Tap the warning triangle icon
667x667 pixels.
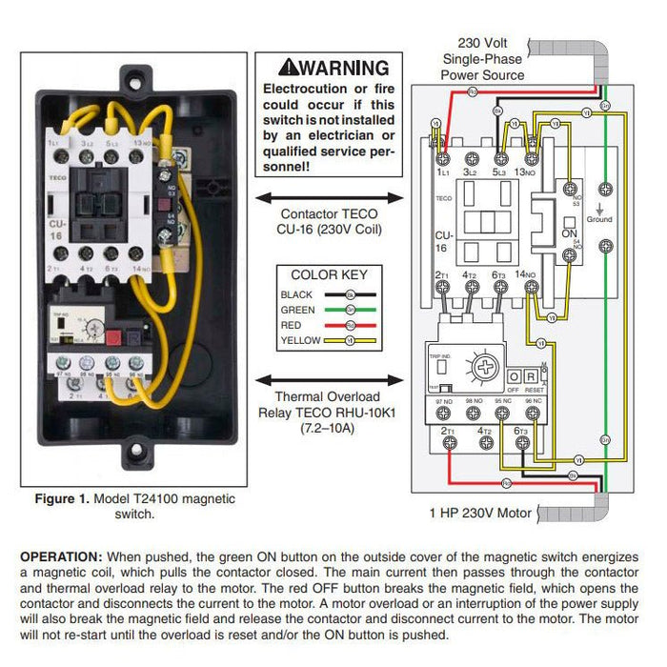click(x=288, y=68)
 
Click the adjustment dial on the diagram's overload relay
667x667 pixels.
click(x=485, y=368)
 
